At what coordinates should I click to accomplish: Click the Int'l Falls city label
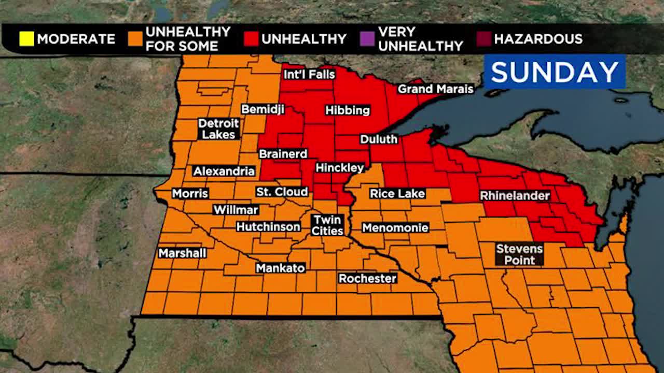pyautogui.click(x=309, y=74)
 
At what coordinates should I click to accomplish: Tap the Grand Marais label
pyautogui.click(x=435, y=89)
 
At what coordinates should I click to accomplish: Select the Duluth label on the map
pyautogui.click(x=379, y=139)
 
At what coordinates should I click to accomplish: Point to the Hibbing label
pyautogui.click(x=348, y=110)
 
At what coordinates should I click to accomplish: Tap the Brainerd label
pyautogui.click(x=283, y=154)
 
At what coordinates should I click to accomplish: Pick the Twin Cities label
pyautogui.click(x=327, y=225)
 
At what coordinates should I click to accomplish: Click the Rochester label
pyautogui.click(x=367, y=278)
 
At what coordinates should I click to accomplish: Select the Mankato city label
pyautogui.click(x=280, y=268)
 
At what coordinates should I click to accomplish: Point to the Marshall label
pyautogui.click(x=182, y=253)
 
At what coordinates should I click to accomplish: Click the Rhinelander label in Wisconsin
pyautogui.click(x=515, y=196)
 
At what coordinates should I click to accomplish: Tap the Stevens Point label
pyautogui.click(x=519, y=254)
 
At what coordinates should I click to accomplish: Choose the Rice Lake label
pyautogui.click(x=397, y=194)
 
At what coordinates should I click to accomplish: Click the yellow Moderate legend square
pyautogui.click(x=27, y=39)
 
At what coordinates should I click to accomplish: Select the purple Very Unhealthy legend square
pyautogui.click(x=367, y=39)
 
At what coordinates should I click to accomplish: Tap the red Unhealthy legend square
pyautogui.click(x=251, y=39)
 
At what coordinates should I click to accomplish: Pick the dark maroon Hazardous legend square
pyautogui.click(x=483, y=39)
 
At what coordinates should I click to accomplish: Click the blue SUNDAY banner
pyautogui.click(x=555, y=71)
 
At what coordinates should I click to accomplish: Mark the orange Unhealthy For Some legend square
pyautogui.click(x=135, y=39)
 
